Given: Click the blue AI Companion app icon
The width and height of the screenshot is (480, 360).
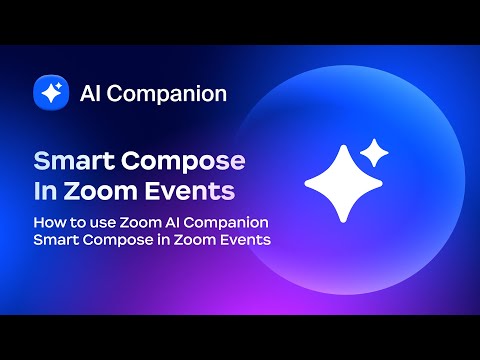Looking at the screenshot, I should [x=50, y=94].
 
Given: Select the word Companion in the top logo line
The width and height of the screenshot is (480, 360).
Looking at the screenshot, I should [x=168, y=94].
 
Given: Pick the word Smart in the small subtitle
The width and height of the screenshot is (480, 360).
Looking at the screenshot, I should [x=54, y=239].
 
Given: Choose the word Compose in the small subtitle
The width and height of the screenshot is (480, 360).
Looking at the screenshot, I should [x=115, y=239].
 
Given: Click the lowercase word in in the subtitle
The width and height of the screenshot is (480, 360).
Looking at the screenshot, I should [x=160, y=239].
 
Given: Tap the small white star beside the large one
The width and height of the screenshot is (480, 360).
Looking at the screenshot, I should [x=374, y=152].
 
